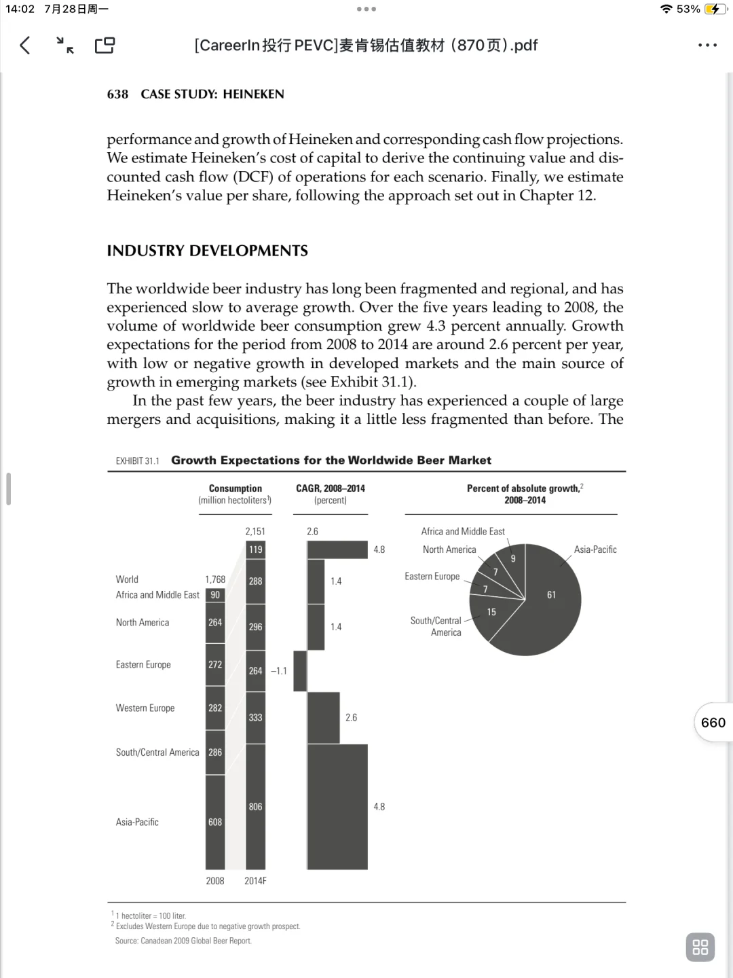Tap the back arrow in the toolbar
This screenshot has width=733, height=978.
[x=25, y=46]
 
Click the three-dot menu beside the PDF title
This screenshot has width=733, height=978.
[x=707, y=46]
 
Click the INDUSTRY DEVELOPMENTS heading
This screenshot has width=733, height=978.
[x=207, y=251]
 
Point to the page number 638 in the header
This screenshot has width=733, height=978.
[x=117, y=94]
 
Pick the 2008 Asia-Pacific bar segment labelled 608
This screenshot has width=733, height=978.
[x=215, y=822]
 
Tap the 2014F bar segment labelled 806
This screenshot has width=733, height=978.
[x=255, y=807]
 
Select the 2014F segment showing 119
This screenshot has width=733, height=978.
[x=255, y=549]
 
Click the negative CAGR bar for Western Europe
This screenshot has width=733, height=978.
[x=300, y=671]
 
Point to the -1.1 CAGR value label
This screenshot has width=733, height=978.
[x=278, y=671]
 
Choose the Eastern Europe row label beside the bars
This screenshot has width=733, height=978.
[x=143, y=665]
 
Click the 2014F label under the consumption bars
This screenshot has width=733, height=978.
[x=255, y=881]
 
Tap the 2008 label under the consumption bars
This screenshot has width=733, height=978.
[x=215, y=881]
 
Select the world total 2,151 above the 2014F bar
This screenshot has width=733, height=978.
[x=255, y=532]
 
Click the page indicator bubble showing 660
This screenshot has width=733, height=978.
[x=713, y=723]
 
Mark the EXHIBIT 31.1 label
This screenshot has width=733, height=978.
[x=137, y=461]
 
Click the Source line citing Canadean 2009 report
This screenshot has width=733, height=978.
[x=183, y=941]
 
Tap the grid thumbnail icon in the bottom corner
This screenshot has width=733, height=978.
[x=700, y=947]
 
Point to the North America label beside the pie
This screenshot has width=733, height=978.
[x=449, y=549]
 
